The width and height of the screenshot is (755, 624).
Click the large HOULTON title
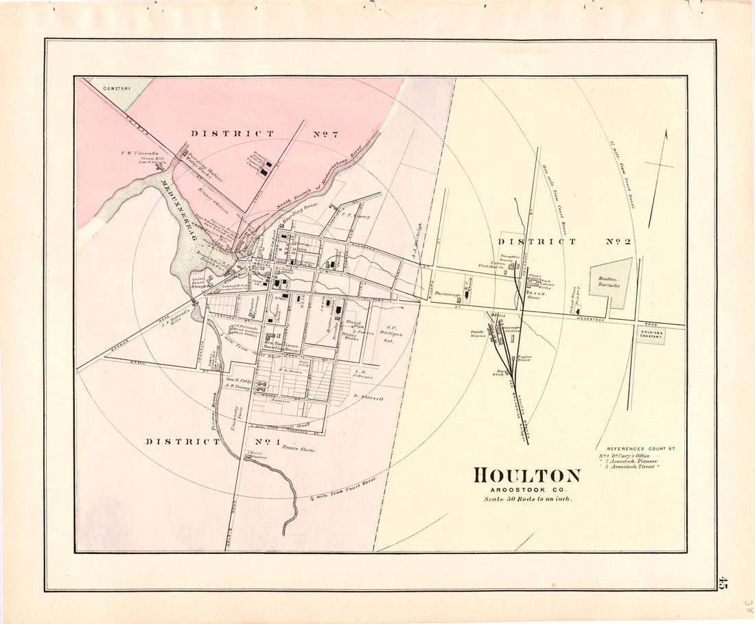[526, 475]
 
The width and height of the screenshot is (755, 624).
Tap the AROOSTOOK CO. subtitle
[526, 488]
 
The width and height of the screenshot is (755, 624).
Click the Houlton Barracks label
[609, 281]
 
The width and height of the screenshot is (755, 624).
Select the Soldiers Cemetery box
[650, 334]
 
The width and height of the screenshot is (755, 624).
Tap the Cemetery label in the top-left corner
[117, 89]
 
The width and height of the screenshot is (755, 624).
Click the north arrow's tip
[665, 131]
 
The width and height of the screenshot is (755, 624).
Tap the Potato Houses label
[478, 333]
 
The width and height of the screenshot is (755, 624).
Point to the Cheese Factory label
[255, 455]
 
